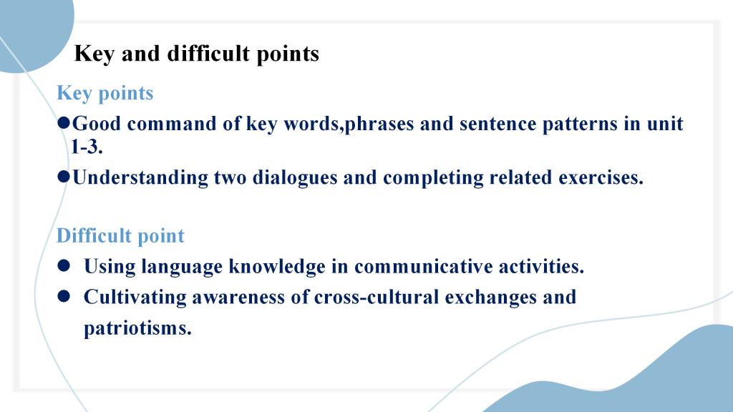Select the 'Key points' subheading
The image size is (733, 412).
105,93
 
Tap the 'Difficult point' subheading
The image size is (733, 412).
120,235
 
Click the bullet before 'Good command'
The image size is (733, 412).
64,123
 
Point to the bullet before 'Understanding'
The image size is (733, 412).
64,177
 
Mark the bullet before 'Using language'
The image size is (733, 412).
64,266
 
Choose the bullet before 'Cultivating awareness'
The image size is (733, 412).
64,297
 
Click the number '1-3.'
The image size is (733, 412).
87,147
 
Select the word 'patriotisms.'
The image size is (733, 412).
138,328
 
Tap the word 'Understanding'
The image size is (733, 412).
141,178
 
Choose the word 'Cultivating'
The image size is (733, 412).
135,298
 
